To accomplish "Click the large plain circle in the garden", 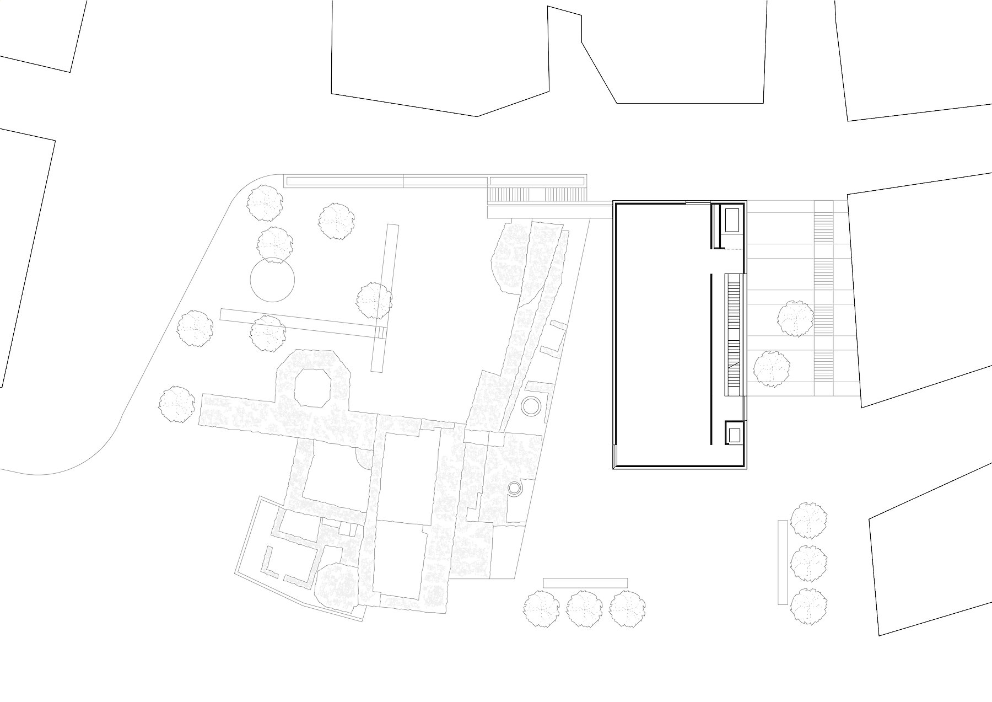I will click(272, 280).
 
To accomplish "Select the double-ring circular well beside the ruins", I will click(531, 407).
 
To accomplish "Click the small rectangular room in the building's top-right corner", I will click(732, 220).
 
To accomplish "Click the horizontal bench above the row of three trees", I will click(585, 583).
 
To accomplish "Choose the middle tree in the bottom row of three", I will click(585, 609).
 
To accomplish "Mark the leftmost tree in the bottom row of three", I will click(541, 609).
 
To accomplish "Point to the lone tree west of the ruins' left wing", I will click(177, 404).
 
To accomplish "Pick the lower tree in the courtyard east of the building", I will click(772, 368).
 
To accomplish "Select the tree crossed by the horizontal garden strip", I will click(268, 333).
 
